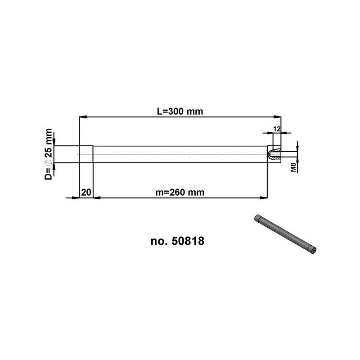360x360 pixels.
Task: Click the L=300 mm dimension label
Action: click(x=180, y=112)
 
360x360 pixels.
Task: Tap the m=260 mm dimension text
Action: click(x=180, y=193)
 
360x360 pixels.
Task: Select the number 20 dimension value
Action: click(x=86, y=193)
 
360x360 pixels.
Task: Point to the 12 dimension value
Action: click(x=277, y=129)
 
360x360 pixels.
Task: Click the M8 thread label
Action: click(x=293, y=167)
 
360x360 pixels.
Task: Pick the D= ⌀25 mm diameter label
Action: click(x=49, y=154)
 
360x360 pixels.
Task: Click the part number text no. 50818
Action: click(x=177, y=241)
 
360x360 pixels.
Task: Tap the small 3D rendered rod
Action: click(x=285, y=234)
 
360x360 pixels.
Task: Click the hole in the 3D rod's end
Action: click(x=313, y=251)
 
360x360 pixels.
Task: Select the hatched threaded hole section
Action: click(x=275, y=154)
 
